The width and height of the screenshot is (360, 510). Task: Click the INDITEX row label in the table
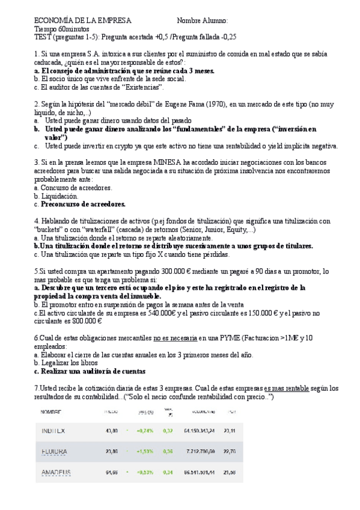[x=54, y=431]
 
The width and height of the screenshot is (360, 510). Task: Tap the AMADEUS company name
[x=56, y=472]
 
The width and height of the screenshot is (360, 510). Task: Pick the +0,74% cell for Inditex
[x=145, y=431]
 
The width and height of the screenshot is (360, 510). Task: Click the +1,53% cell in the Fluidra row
[x=145, y=451]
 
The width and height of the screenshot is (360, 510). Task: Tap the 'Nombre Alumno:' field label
[x=203, y=20]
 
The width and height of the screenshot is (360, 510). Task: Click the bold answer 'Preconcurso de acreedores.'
[x=82, y=204]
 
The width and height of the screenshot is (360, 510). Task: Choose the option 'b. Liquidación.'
[x=56, y=196]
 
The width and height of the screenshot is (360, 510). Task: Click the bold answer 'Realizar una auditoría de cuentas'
[x=93, y=372]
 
